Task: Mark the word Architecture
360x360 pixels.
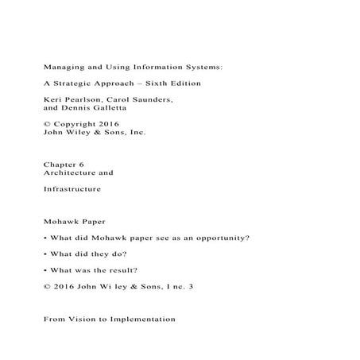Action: (x=71, y=172)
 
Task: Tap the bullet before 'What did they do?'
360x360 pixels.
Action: (x=45, y=254)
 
